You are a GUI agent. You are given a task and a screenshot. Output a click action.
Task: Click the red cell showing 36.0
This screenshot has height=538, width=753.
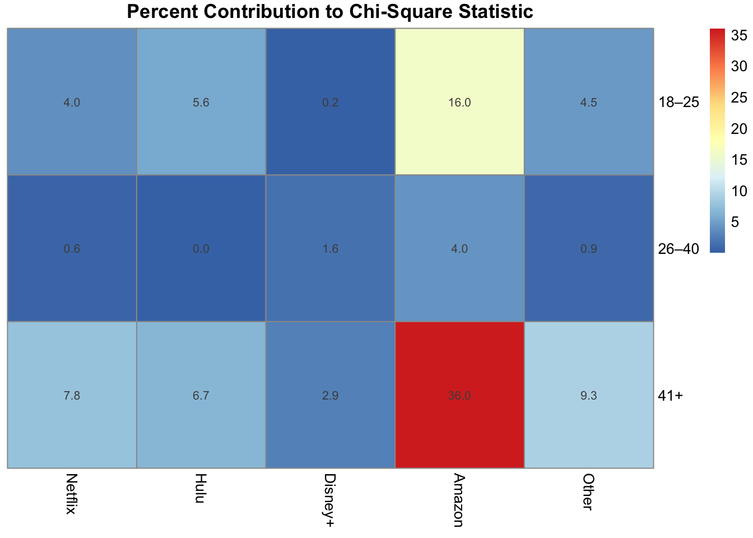(x=459, y=395)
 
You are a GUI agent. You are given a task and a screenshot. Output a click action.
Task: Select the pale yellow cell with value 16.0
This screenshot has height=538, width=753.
(x=459, y=102)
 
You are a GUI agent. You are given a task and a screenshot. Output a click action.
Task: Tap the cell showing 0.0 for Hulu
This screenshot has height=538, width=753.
(x=201, y=248)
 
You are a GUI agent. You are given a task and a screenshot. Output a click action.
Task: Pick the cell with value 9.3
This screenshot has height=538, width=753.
(x=588, y=395)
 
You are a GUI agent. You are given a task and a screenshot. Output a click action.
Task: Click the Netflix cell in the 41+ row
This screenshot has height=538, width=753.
(x=72, y=395)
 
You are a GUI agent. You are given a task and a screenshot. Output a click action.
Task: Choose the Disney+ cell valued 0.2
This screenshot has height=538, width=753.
(x=331, y=102)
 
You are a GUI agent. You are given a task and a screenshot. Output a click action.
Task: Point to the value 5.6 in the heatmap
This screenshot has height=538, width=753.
(x=201, y=102)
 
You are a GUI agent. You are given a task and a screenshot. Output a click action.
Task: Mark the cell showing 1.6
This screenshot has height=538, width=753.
(x=331, y=248)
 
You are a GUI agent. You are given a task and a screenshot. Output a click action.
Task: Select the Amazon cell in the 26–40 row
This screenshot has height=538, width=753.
(x=459, y=248)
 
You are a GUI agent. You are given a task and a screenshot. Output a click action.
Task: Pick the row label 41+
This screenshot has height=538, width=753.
(x=670, y=395)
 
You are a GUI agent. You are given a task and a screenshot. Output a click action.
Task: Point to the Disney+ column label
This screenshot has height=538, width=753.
(x=330, y=500)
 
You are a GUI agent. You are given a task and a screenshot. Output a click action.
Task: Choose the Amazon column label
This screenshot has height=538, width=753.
(x=459, y=500)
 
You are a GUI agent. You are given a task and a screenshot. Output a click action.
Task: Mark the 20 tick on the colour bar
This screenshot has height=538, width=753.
(x=739, y=129)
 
